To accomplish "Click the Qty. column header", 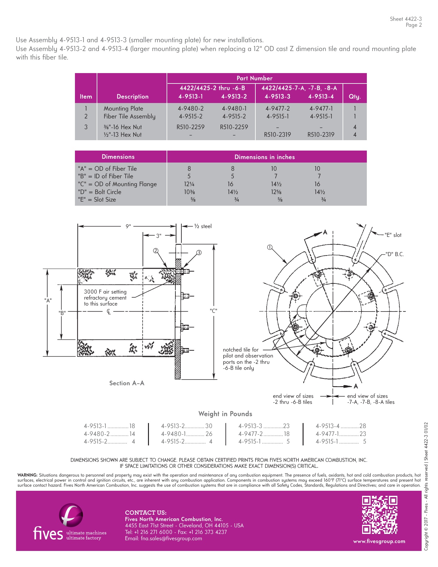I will click(355, 97).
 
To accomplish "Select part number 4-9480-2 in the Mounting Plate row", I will click(191, 108).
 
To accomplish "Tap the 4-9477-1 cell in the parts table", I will click(321, 108).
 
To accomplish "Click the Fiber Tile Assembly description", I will click(129, 117).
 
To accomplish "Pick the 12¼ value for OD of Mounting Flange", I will click(189, 184).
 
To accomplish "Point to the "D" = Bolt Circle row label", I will click(100, 192).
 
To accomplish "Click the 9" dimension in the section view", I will click(128, 226).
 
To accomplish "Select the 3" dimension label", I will click(159, 236).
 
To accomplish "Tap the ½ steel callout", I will click(203, 226).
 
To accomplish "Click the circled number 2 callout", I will click(155, 251).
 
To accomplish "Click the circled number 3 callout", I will click(199, 252).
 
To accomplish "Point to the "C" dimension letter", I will click(213, 311).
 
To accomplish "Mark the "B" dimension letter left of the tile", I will click(62, 313).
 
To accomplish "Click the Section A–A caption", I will click(127, 383).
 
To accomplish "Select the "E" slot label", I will click(393, 235).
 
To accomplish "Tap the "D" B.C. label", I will click(395, 254).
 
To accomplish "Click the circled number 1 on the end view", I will click(270, 247).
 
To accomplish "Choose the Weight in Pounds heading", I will click(225, 414).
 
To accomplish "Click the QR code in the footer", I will click(379, 514).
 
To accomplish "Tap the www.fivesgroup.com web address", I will click(379, 541).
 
